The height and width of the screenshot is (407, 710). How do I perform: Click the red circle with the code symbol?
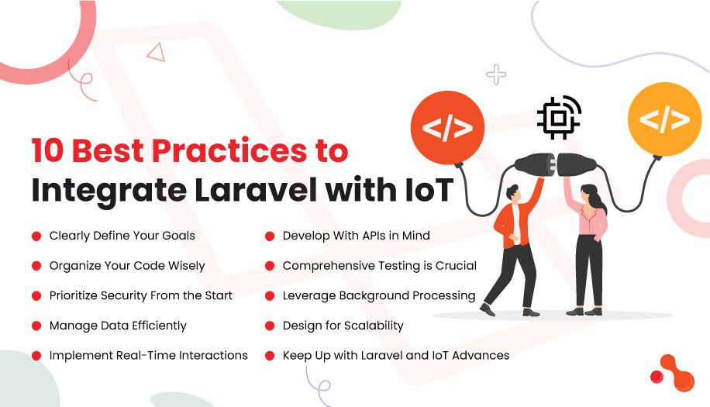pyautogui.click(x=447, y=127)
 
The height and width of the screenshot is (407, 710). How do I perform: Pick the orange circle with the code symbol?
pyautogui.click(x=663, y=120)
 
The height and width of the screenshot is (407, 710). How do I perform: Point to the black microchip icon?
pyautogui.click(x=557, y=117)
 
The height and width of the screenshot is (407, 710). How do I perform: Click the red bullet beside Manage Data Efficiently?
pyautogui.click(x=36, y=326)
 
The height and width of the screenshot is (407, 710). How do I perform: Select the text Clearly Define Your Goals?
pyautogui.click(x=122, y=235)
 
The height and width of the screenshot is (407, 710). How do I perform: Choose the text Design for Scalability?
pyautogui.click(x=343, y=326)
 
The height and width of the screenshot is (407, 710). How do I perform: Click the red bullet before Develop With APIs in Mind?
pyautogui.click(x=270, y=236)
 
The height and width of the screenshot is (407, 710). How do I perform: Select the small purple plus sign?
pyautogui.click(x=496, y=74)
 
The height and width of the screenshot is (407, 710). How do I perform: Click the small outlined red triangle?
pyautogui.click(x=156, y=52)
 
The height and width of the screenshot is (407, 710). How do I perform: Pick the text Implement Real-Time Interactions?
pyautogui.click(x=148, y=355)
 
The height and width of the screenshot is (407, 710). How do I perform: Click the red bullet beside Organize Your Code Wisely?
pyautogui.click(x=36, y=266)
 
